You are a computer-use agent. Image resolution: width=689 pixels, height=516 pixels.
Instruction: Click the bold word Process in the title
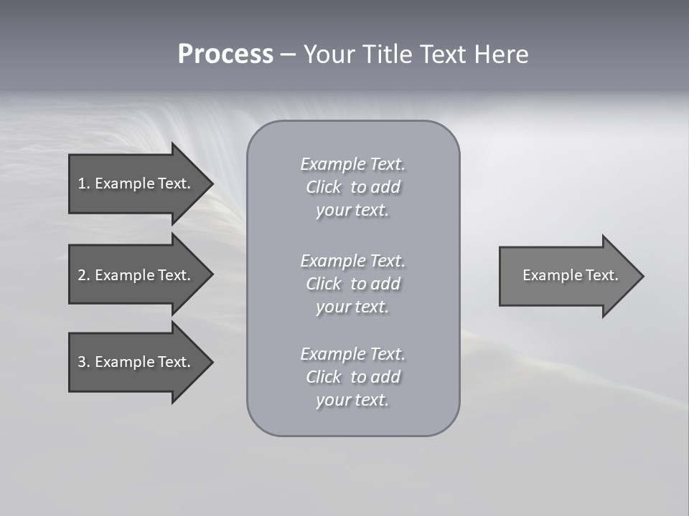225,54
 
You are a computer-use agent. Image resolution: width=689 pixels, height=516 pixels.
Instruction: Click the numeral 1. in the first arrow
84,183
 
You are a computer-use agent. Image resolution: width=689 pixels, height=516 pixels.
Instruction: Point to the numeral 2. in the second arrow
84,275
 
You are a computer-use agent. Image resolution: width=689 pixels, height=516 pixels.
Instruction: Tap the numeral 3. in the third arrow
84,362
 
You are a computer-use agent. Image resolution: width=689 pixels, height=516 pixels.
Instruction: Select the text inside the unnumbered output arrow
570,275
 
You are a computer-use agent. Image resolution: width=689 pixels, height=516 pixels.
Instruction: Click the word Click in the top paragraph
324,187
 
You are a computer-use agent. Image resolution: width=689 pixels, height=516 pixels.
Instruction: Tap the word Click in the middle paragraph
324,284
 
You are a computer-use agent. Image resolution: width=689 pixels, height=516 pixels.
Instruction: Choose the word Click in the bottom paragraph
324,377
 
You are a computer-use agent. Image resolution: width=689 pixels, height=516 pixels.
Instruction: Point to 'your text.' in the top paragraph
352,211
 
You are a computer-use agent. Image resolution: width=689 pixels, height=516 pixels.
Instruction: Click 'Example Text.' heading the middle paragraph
352,261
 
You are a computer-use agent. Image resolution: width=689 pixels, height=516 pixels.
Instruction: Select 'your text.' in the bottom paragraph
352,400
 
